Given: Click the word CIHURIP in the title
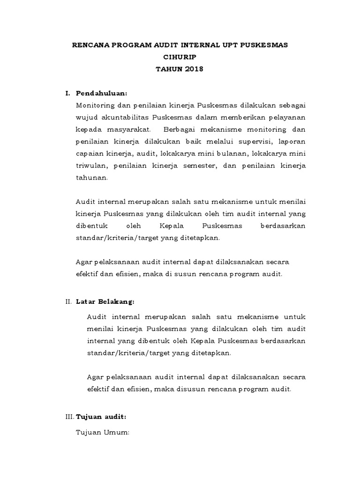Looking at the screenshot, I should click(x=180, y=57).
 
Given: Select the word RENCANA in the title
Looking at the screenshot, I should click(x=88, y=45).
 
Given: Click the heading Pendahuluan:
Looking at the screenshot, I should click(x=102, y=93).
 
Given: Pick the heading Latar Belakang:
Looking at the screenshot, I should click(x=105, y=301).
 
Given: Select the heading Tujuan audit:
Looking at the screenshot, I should click(x=101, y=416).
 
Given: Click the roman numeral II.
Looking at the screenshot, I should click(x=68, y=301).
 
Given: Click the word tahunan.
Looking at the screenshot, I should click(x=92, y=178).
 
